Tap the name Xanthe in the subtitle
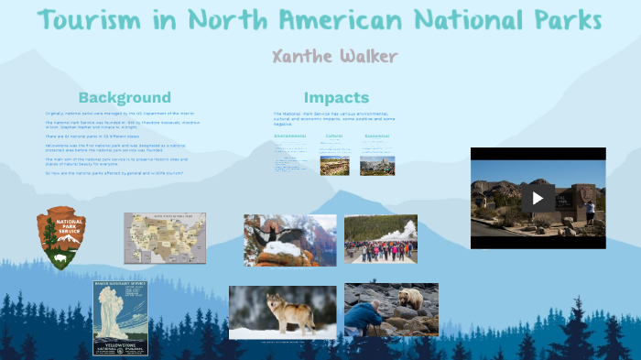302,57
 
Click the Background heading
125,98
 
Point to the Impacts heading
336,98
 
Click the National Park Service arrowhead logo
61,237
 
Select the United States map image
165,237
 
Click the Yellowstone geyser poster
120,317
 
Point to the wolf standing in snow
287,312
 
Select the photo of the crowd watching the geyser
380,239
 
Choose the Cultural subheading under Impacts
333,136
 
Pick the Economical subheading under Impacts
376,136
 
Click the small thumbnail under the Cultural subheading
333,165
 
